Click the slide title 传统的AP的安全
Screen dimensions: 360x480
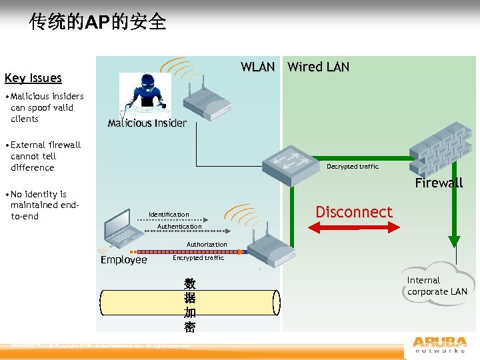pos(97,22)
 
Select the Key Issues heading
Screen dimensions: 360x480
pos(33,78)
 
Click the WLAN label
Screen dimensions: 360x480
pos(257,67)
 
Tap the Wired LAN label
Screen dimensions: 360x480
pos(318,67)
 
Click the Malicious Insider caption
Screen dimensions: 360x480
pos(147,123)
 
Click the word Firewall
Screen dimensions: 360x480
pos(439,183)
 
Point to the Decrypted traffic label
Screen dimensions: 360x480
pos(352,167)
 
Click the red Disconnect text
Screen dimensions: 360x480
pos(353,212)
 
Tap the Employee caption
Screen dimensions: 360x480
pos(123,260)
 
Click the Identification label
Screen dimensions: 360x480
pos(169,215)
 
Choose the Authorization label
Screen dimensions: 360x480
pos(207,245)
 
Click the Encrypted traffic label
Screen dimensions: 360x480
pos(198,258)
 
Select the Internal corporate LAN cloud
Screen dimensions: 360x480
pos(437,283)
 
